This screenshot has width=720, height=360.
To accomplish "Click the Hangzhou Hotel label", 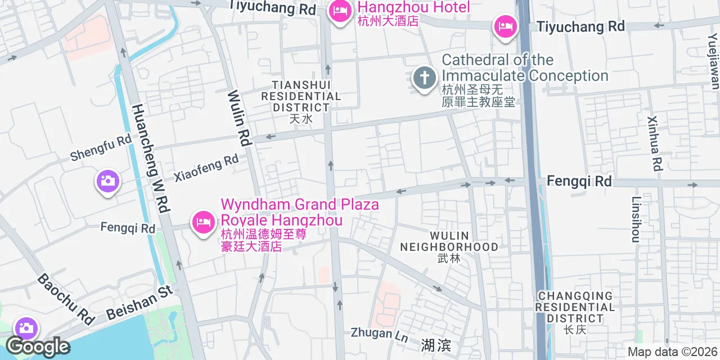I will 413,8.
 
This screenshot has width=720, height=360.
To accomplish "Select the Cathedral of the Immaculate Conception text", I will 525,67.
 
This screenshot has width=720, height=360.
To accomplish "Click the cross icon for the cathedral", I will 425,77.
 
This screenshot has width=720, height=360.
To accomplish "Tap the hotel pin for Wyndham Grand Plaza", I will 202,222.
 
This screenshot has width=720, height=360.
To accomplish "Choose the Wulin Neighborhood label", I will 449,241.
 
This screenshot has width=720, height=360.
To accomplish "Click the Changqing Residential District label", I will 575,307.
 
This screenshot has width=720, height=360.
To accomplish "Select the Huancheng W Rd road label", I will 150,159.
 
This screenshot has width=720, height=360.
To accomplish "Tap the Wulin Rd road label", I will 239,118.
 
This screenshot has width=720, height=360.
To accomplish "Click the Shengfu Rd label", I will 101,148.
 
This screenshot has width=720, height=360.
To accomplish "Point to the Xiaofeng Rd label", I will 206,168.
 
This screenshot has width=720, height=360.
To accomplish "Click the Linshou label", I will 636,219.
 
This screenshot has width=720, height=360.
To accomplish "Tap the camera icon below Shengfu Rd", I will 106,181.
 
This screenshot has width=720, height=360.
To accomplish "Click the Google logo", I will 38,346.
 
